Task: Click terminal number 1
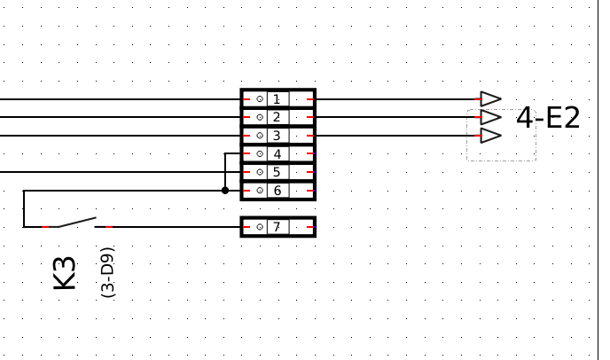(x=277, y=99)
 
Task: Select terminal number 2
(x=277, y=117)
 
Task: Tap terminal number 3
(x=277, y=136)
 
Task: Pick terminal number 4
(x=277, y=153)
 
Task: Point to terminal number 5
(x=277, y=172)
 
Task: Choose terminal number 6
(x=277, y=190)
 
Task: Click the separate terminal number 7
(x=277, y=227)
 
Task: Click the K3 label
(x=65, y=272)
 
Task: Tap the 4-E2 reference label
(x=548, y=118)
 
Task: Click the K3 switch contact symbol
(x=78, y=222)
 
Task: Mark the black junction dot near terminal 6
(x=225, y=190)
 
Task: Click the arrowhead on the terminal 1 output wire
(x=490, y=99)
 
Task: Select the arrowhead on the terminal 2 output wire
(x=490, y=117)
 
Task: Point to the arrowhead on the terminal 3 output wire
(x=490, y=136)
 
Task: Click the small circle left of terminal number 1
(x=260, y=99)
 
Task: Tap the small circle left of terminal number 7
(x=260, y=227)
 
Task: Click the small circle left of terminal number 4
(x=260, y=153)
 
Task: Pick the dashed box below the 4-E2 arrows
(x=501, y=151)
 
